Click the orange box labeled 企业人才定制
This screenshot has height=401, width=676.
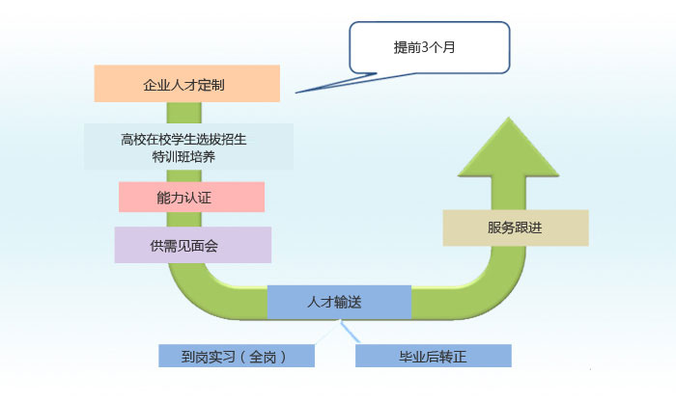[x=187, y=84]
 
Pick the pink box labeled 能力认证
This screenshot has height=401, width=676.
[x=190, y=198]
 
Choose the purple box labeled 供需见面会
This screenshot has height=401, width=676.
[x=191, y=245]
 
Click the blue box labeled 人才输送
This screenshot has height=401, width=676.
[x=339, y=302]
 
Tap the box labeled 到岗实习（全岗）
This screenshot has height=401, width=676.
[x=237, y=356]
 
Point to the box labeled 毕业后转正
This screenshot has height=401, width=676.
[x=433, y=356]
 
